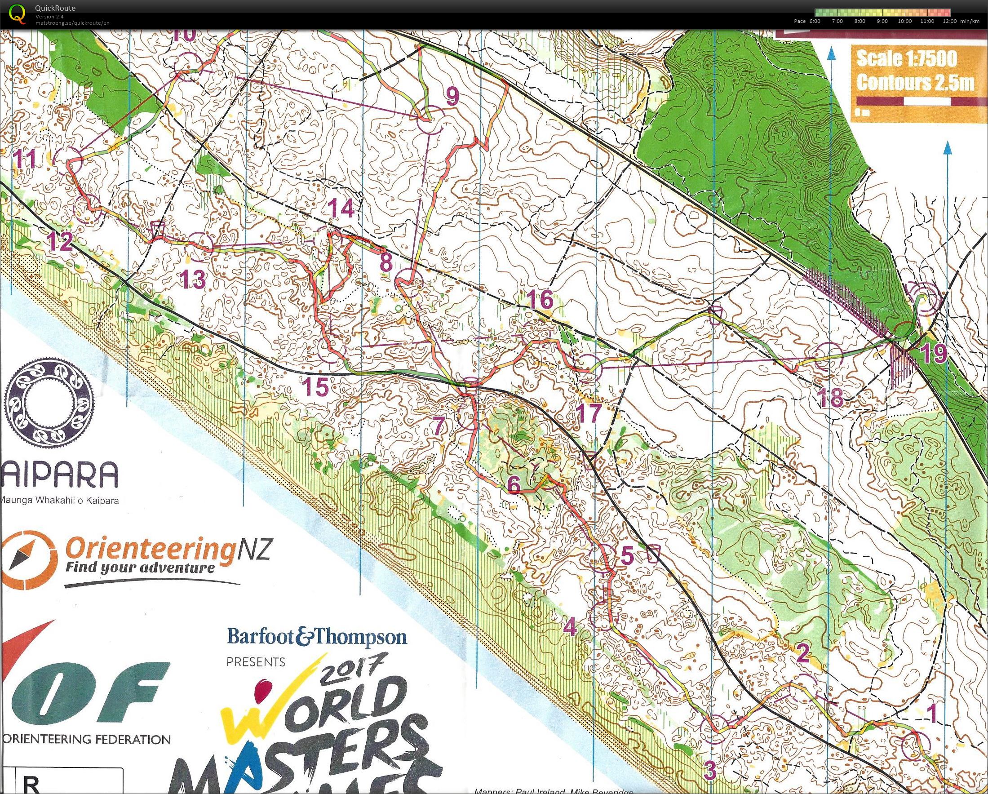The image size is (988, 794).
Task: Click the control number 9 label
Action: [452, 96]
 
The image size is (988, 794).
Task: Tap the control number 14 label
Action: [341, 209]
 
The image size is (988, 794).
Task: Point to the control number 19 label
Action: [934, 354]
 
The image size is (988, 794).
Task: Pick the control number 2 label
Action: [802, 653]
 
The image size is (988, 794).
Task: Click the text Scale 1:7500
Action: [907, 59]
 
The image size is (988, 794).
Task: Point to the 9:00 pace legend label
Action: [882, 21]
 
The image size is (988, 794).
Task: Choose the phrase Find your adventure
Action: [140, 568]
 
